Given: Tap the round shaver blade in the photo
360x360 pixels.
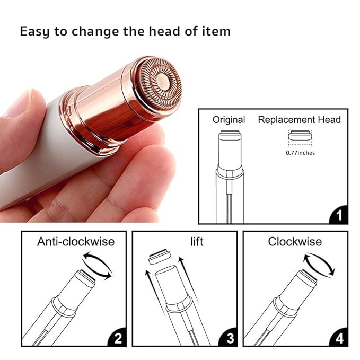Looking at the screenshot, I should click(x=157, y=83).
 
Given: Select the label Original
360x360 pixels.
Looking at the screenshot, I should click(x=229, y=120).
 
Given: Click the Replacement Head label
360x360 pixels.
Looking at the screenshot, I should click(x=299, y=120).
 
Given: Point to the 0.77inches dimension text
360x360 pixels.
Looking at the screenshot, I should click(x=300, y=153).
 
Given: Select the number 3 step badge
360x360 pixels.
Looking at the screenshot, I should click(x=227, y=338).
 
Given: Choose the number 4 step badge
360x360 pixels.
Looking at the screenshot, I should click(x=339, y=338).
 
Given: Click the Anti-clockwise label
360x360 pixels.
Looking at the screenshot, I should click(x=76, y=242).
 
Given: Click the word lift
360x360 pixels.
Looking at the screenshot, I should click(x=197, y=242).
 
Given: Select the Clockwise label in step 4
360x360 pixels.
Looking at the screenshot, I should click(x=295, y=242).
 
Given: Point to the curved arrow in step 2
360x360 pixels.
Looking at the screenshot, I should click(x=98, y=266).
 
